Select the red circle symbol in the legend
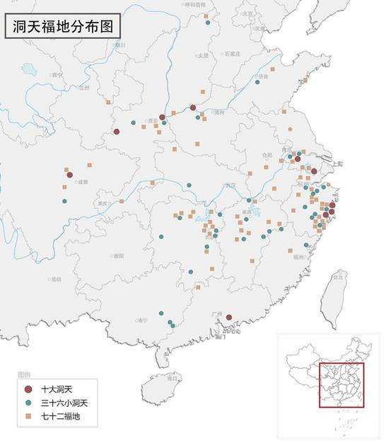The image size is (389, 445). pos(28,390)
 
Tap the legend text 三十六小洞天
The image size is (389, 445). pos(64,403)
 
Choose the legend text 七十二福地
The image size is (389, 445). pos(60,417)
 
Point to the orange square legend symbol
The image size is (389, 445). pos(28,417)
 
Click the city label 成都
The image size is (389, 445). pos(83,182)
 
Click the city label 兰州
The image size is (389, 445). pos(86,88)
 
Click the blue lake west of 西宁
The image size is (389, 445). pos(28,69)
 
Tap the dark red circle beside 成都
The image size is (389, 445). pos(69,175)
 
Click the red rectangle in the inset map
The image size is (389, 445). pos(341,386)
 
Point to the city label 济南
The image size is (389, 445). pos(264,76)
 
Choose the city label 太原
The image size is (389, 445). pos(204,55)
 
